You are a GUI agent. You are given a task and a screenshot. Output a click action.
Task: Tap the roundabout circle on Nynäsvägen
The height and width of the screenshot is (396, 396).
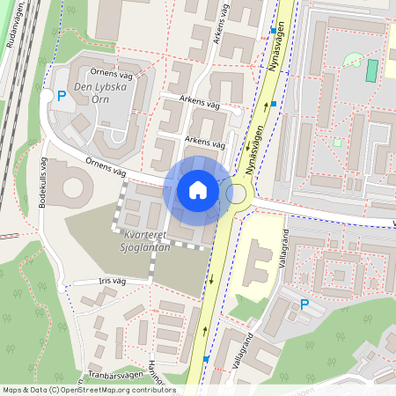[236, 194]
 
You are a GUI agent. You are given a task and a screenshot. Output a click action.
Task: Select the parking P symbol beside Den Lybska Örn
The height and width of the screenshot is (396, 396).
[61, 97]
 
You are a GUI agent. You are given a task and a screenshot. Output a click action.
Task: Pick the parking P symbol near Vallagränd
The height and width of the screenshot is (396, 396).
[304, 304]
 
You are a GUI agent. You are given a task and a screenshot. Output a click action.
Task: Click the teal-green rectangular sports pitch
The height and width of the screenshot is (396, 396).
[370, 70]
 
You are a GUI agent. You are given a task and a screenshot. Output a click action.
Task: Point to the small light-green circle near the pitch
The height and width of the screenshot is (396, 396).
[352, 60]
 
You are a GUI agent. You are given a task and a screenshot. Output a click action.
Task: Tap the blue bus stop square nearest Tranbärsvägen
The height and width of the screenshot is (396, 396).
[205, 359]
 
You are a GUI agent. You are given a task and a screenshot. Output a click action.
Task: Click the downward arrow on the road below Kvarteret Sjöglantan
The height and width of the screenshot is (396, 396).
[211, 282]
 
